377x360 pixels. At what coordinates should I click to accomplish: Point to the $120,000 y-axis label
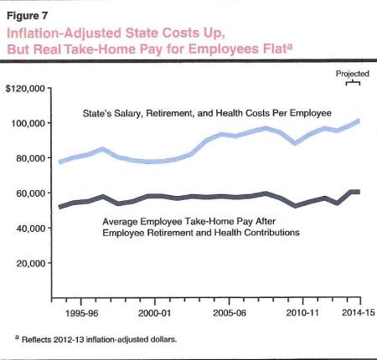pyautogui.click(x=27, y=88)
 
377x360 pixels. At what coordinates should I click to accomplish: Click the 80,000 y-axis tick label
pyautogui.click(x=33, y=158)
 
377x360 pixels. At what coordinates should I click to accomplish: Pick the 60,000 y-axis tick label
pyautogui.click(x=33, y=193)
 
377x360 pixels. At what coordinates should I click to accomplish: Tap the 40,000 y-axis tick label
pyautogui.click(x=33, y=228)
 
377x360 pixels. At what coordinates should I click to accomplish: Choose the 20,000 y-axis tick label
pyautogui.click(x=33, y=263)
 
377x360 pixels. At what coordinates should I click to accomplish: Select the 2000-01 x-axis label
pyautogui.click(x=155, y=311)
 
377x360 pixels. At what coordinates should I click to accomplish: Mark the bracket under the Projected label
pyautogui.click(x=354, y=82)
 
